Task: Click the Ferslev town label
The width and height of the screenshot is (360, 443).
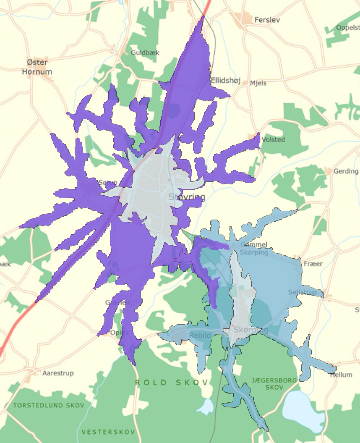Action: point(267,20)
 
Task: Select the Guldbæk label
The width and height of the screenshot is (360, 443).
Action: point(145,53)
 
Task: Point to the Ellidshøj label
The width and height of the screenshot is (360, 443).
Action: point(226,81)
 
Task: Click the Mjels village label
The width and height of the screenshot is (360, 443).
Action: point(258,83)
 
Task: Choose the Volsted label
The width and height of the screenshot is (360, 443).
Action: point(273,139)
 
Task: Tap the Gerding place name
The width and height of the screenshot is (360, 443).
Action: point(346,171)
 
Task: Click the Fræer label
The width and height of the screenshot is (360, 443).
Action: point(313,264)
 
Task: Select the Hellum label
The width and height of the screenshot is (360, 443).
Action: point(341,375)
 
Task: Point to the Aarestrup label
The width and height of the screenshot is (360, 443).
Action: point(58,373)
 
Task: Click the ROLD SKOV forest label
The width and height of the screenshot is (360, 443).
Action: point(172,383)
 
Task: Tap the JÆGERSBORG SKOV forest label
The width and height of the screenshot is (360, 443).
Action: point(274,383)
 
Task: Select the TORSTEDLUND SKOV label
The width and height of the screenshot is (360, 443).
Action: point(49,405)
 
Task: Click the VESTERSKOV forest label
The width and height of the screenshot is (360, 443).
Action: point(108,432)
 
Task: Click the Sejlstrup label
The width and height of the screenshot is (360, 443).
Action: point(302,292)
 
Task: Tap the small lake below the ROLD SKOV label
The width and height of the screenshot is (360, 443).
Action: point(206,406)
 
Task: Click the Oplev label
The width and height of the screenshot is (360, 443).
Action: point(118,332)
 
